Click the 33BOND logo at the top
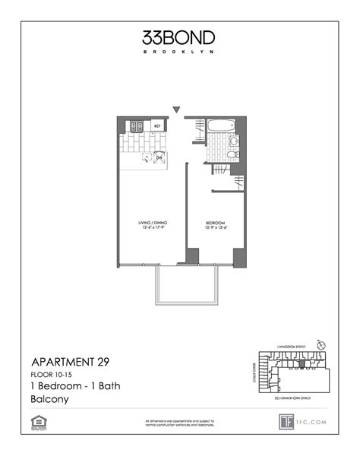tap(179, 37)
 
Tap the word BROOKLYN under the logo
tap(179, 52)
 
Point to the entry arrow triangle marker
tap(177, 110)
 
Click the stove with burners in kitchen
tap(137, 126)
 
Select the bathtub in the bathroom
tap(223, 126)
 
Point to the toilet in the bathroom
tap(235, 141)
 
